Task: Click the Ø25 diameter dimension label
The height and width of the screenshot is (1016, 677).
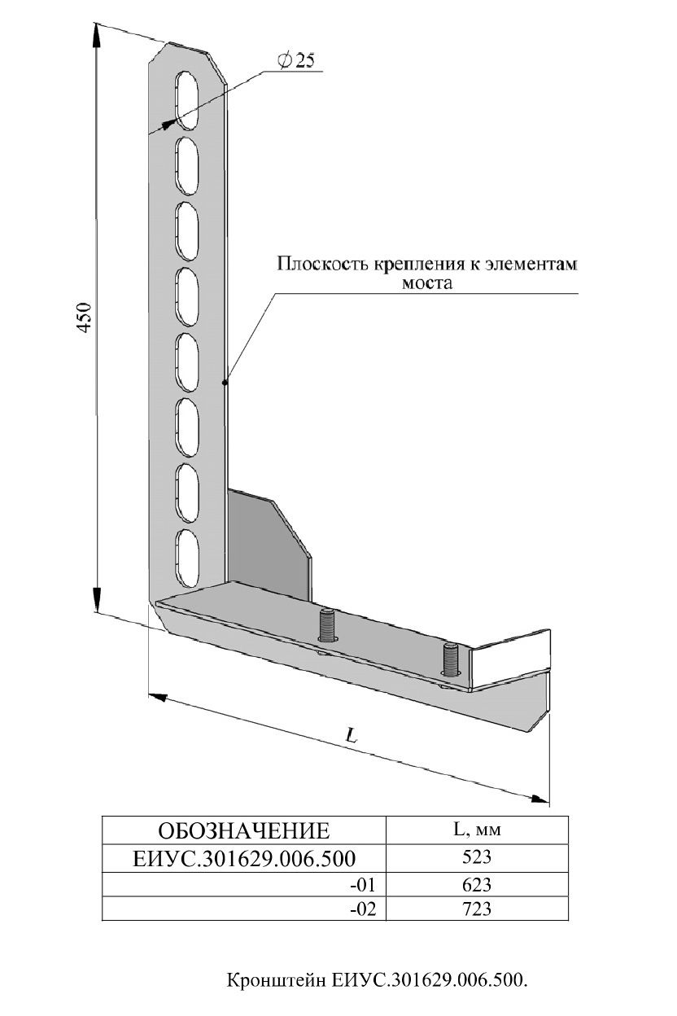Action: tap(296, 60)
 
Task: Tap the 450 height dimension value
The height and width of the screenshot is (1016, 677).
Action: tap(85, 317)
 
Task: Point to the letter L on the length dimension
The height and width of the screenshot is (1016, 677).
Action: tap(352, 736)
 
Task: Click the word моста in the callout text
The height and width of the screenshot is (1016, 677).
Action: tap(428, 283)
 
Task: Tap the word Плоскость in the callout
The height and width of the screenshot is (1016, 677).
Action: tap(323, 264)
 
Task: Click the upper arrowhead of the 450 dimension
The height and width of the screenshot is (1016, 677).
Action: tap(96, 34)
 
